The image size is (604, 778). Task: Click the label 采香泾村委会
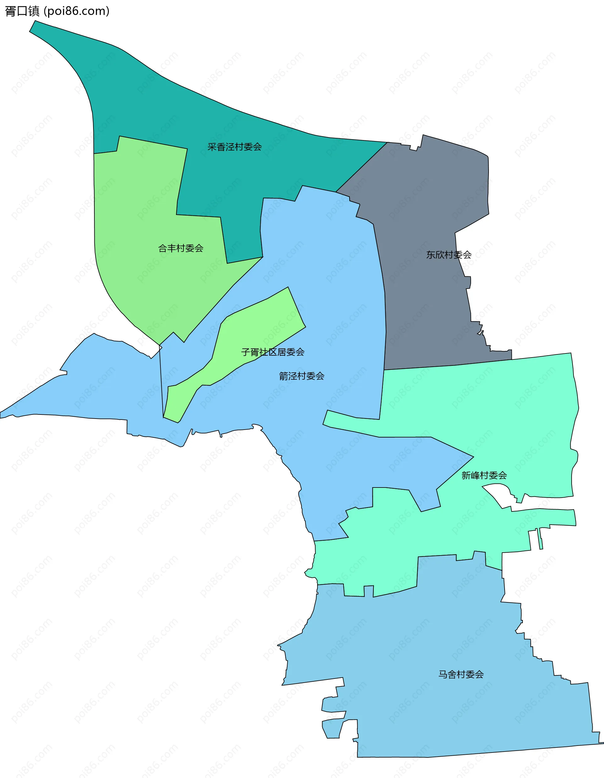(x=234, y=147)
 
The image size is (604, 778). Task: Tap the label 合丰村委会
(x=181, y=248)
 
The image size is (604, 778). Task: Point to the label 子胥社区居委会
(x=273, y=352)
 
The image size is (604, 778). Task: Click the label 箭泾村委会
(x=302, y=376)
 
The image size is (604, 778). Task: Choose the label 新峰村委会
(x=484, y=475)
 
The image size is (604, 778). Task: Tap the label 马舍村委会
(x=461, y=674)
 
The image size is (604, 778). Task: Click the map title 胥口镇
(x=22, y=11)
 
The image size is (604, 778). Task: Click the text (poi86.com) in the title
(x=76, y=11)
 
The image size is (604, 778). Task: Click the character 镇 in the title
(x=34, y=11)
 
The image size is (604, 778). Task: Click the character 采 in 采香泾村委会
(x=212, y=147)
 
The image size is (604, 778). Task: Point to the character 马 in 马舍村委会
(x=443, y=674)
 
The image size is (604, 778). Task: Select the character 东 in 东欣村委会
(x=431, y=255)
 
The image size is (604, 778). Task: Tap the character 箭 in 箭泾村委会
(x=283, y=376)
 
